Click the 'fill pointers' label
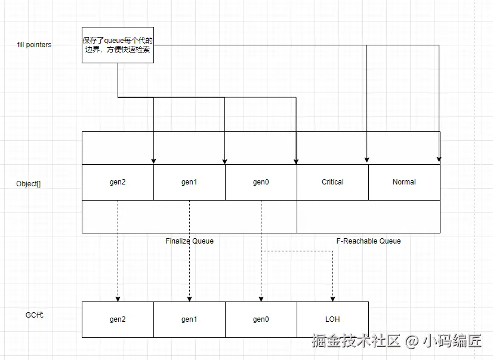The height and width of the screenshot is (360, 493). coord(34,45)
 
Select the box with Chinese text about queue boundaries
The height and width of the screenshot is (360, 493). coord(118,45)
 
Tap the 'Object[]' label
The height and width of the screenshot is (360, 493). coord(29,184)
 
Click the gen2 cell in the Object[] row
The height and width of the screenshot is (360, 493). coord(118,182)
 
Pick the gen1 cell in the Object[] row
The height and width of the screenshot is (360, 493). coord(189,182)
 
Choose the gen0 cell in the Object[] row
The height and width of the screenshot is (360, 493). coord(261,182)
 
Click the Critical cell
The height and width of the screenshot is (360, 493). coord(332,182)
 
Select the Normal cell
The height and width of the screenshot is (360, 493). coord(404,182)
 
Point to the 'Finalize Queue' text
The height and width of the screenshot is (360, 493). coord(189,241)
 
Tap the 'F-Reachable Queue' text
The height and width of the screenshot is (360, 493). coord(368,241)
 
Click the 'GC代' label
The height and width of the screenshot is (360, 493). coord(34,315)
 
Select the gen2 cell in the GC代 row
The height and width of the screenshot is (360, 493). coord(118,319)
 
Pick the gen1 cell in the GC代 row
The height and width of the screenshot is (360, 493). coord(189,319)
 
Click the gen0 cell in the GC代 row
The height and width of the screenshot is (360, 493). coord(261,319)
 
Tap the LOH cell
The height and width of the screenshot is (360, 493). coord(332,319)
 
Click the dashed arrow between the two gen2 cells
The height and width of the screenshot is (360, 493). coord(118,251)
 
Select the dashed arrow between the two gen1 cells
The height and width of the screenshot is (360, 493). coord(189,251)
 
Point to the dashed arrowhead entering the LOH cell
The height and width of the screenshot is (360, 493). coord(332,298)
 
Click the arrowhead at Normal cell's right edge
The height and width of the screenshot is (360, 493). coord(439,160)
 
